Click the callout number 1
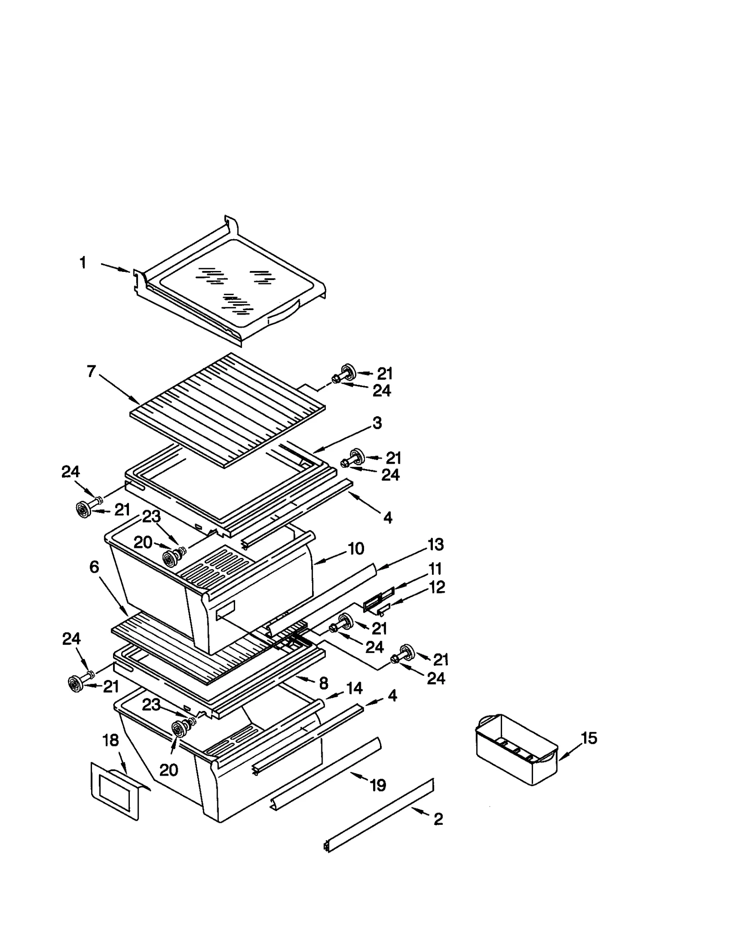point(83,263)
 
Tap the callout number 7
point(91,371)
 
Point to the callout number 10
point(356,548)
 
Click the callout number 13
point(436,544)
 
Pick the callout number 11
point(435,569)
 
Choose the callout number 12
point(436,587)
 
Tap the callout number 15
point(589,738)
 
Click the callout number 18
point(111,741)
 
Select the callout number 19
point(378,785)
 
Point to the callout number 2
point(438,819)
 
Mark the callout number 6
point(94,567)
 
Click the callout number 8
point(323,683)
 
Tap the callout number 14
point(354,688)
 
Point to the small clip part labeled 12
point(384,607)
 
